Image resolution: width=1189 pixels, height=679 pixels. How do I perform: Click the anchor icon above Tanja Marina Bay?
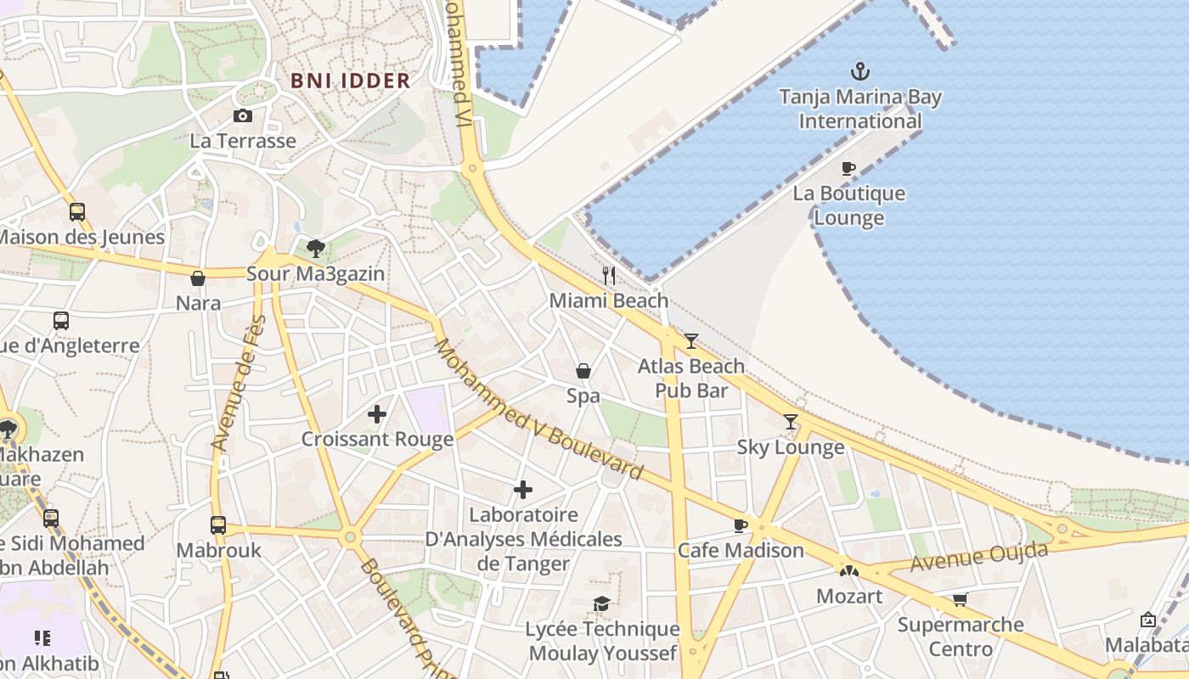coord(860,70)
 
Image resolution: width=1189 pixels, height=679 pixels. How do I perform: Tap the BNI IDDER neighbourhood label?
coord(351,81)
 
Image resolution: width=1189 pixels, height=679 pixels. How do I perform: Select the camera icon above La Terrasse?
coord(243,115)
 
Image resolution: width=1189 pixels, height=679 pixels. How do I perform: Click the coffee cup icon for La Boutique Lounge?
coord(848,168)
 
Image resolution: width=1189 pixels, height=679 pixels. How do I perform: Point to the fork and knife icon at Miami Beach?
coord(609,275)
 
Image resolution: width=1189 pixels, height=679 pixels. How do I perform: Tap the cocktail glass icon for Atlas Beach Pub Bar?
coord(691,341)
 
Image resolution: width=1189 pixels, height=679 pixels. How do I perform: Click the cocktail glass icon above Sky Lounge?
coord(791,422)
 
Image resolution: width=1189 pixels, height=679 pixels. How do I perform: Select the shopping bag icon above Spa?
coord(583,371)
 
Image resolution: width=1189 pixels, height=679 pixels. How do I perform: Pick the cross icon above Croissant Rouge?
coord(377,414)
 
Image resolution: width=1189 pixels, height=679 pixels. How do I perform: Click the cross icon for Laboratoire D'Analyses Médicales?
coord(523,490)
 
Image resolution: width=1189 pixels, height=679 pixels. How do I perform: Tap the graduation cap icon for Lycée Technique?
coord(602,603)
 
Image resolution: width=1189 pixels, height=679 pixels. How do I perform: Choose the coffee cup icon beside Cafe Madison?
coord(741,525)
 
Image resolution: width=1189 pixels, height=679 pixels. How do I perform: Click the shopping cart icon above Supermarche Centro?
coord(961,600)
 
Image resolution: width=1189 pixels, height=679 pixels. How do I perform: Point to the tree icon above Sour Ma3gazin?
coord(316,248)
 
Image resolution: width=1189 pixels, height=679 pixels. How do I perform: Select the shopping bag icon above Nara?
coord(198,278)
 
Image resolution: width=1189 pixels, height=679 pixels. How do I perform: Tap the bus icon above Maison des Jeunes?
coord(77,211)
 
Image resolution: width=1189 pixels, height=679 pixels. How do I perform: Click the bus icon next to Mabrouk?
coord(218,525)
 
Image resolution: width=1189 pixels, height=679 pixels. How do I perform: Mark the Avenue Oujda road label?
coord(979,558)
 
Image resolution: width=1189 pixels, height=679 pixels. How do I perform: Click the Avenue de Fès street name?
coord(239,383)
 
